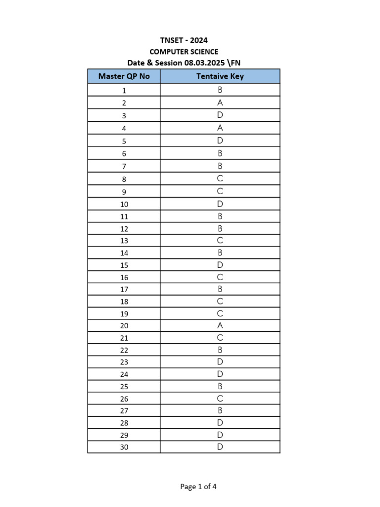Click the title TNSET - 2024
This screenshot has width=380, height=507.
184,41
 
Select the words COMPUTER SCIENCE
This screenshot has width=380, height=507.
184,51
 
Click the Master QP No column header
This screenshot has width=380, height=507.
124,76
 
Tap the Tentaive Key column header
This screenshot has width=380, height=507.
220,76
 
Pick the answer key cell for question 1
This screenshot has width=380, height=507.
220,90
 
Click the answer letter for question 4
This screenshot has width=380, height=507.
220,128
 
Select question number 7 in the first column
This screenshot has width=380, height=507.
124,166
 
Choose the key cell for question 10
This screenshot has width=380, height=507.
220,203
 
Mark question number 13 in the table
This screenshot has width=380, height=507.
124,241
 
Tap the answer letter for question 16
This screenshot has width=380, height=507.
220,277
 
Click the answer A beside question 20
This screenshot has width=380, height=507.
220,326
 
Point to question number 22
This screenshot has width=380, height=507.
124,351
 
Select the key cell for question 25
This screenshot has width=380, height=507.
220,386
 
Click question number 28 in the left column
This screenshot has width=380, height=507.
124,423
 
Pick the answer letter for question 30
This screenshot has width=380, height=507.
220,447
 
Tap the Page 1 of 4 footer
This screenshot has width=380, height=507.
198,487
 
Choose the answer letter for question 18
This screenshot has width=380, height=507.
220,302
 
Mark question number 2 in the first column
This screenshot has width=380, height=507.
124,103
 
